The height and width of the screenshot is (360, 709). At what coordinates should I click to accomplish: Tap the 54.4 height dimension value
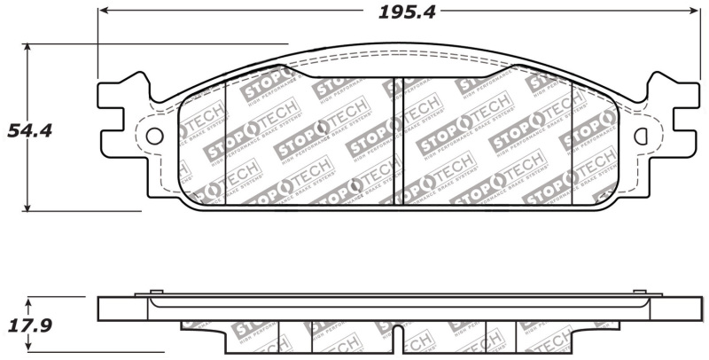pyautogui.click(x=29, y=130)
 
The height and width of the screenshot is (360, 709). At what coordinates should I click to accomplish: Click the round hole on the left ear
pyautogui.click(x=154, y=137)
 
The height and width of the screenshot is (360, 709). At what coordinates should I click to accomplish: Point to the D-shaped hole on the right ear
pyautogui.click(x=643, y=137)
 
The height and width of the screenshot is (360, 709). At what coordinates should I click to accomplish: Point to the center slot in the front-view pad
pyautogui.click(x=397, y=142)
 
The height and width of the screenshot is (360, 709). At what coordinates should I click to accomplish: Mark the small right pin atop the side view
pyautogui.click(x=640, y=291)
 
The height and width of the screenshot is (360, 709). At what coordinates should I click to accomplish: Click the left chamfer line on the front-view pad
pyautogui.click(x=227, y=142)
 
